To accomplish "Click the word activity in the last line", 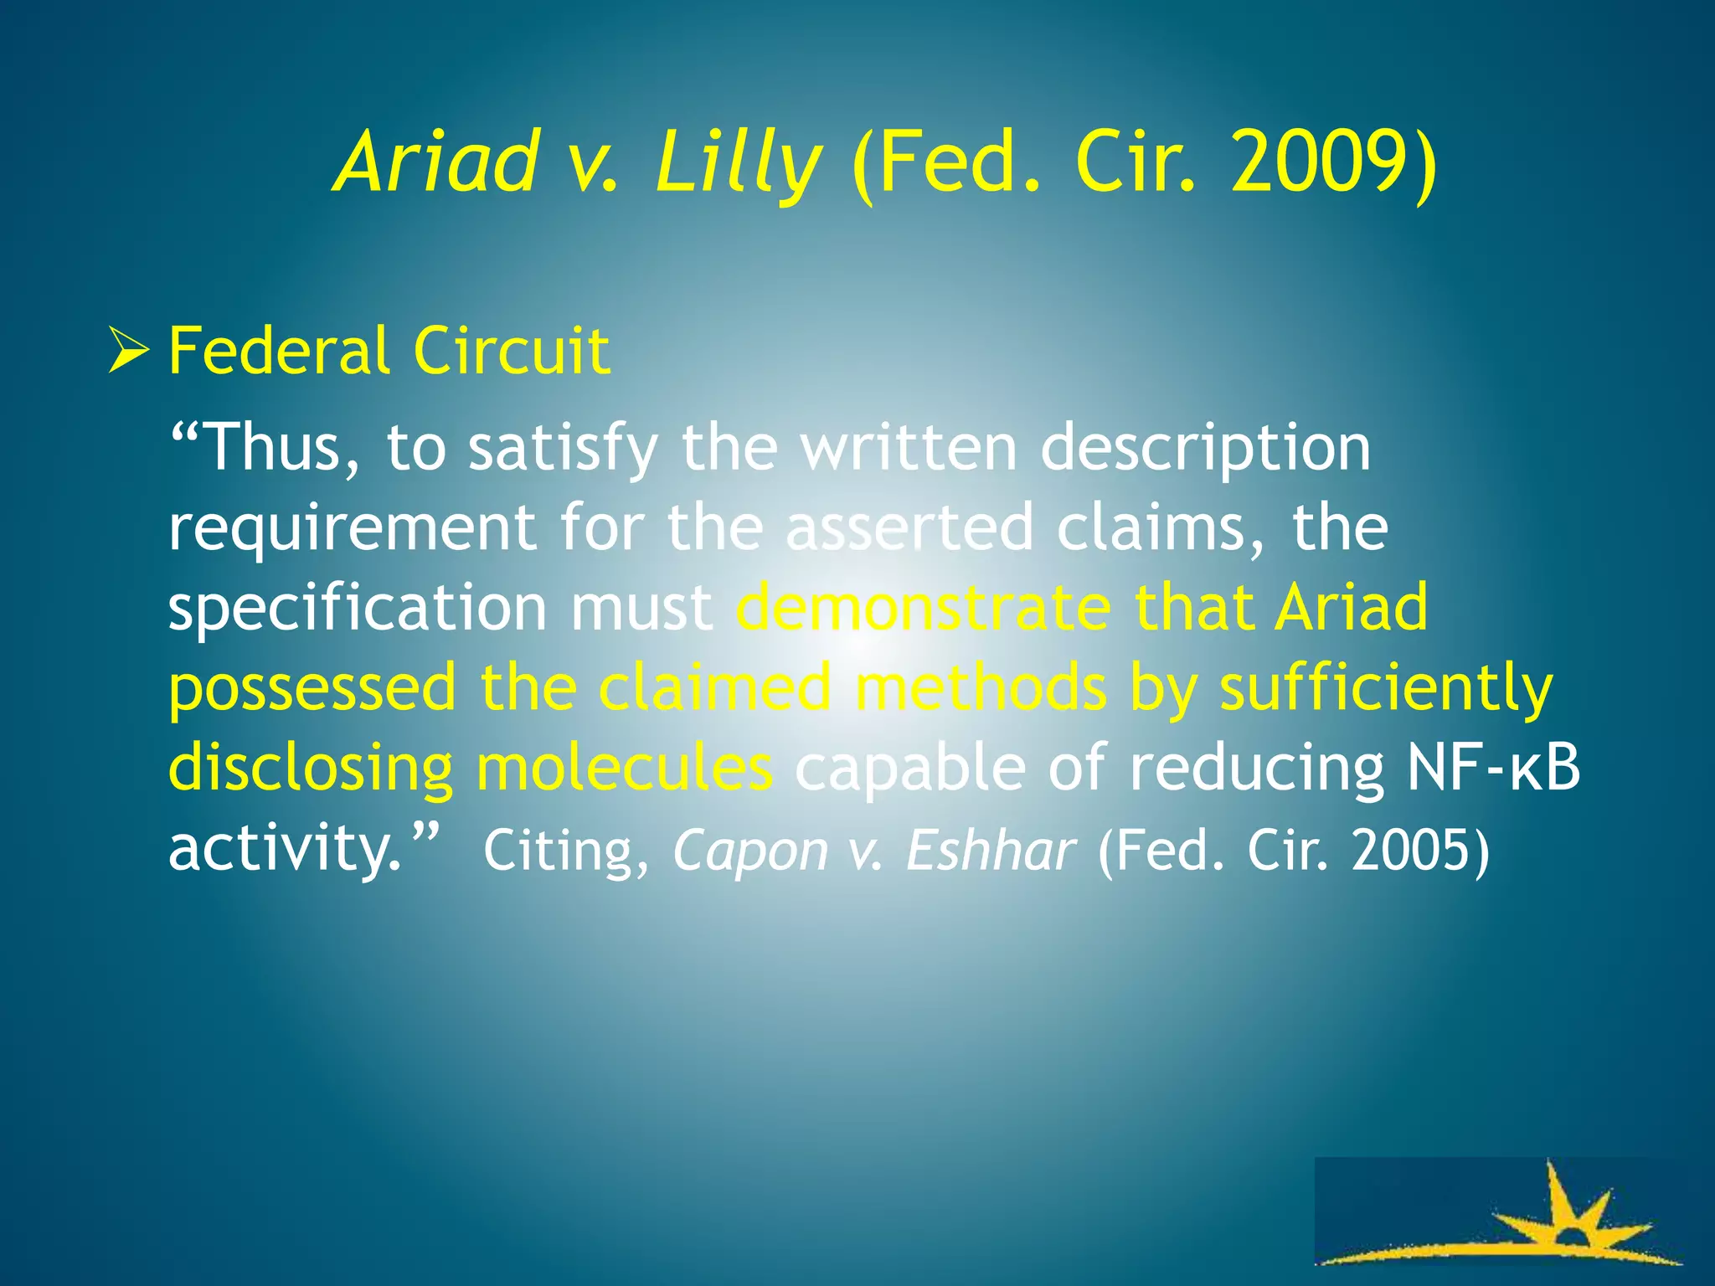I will click(285, 850).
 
